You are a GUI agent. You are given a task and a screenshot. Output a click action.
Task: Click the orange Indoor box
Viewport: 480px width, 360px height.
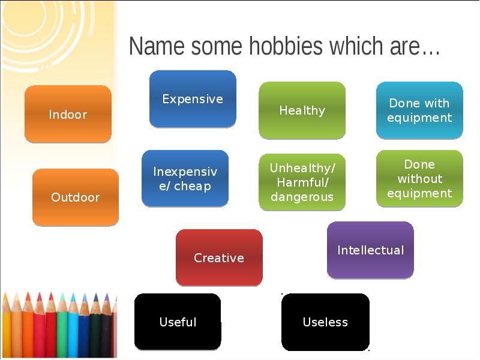tap(68, 114)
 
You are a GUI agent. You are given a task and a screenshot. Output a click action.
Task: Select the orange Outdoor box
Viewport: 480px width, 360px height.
tap(75, 197)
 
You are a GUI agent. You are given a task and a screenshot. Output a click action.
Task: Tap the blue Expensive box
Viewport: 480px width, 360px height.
tap(193, 99)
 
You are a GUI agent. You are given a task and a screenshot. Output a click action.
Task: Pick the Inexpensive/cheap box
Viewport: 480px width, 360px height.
tap(185, 179)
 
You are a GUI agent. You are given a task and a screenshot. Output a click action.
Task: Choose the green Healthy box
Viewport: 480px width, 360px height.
tap(302, 110)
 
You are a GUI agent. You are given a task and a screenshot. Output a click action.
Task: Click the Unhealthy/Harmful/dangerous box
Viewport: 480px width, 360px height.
tap(302, 182)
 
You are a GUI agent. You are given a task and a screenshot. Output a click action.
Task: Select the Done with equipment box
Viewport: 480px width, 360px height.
tap(419, 110)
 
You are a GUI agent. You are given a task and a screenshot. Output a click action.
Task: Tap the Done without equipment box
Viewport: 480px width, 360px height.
tap(419, 179)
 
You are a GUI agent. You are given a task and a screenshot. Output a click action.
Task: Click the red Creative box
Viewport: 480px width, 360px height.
tap(219, 258)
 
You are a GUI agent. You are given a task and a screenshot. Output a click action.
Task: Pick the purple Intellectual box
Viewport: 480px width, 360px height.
tap(370, 250)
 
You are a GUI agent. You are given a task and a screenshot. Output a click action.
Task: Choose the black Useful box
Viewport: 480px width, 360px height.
tap(178, 322)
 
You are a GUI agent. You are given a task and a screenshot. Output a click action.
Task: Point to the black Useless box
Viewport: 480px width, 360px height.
tap(325, 322)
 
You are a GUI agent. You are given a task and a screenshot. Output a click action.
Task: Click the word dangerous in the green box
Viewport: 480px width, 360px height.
tap(302, 197)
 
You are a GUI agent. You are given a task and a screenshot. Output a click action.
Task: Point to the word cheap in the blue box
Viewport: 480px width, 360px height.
tap(193, 186)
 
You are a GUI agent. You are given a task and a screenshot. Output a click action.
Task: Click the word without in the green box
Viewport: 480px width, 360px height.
tap(419, 179)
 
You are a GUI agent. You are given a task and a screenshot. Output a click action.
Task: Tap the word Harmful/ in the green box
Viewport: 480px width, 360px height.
tap(302, 182)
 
